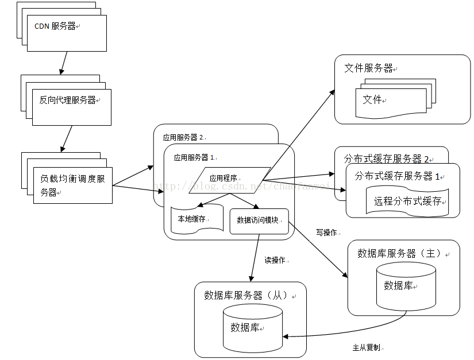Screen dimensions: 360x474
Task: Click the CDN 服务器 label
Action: (x=55, y=26)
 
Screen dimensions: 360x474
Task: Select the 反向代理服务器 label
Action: (x=67, y=100)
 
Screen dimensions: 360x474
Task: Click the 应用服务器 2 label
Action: (x=183, y=137)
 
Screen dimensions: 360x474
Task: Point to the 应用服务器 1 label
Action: (x=194, y=156)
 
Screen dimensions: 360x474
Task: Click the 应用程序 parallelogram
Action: (x=230, y=178)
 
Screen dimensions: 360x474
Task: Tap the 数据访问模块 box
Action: (x=258, y=220)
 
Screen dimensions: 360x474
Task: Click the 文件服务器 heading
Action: (x=368, y=68)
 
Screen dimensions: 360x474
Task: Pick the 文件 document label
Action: (x=372, y=99)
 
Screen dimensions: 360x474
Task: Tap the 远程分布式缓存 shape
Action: (x=407, y=201)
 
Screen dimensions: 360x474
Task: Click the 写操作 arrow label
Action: (x=326, y=233)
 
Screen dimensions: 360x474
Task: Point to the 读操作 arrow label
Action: (x=275, y=260)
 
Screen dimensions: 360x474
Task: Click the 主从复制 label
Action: (x=366, y=347)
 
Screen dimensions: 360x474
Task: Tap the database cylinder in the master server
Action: (x=405, y=285)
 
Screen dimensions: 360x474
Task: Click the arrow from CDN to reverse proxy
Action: (x=64, y=63)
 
